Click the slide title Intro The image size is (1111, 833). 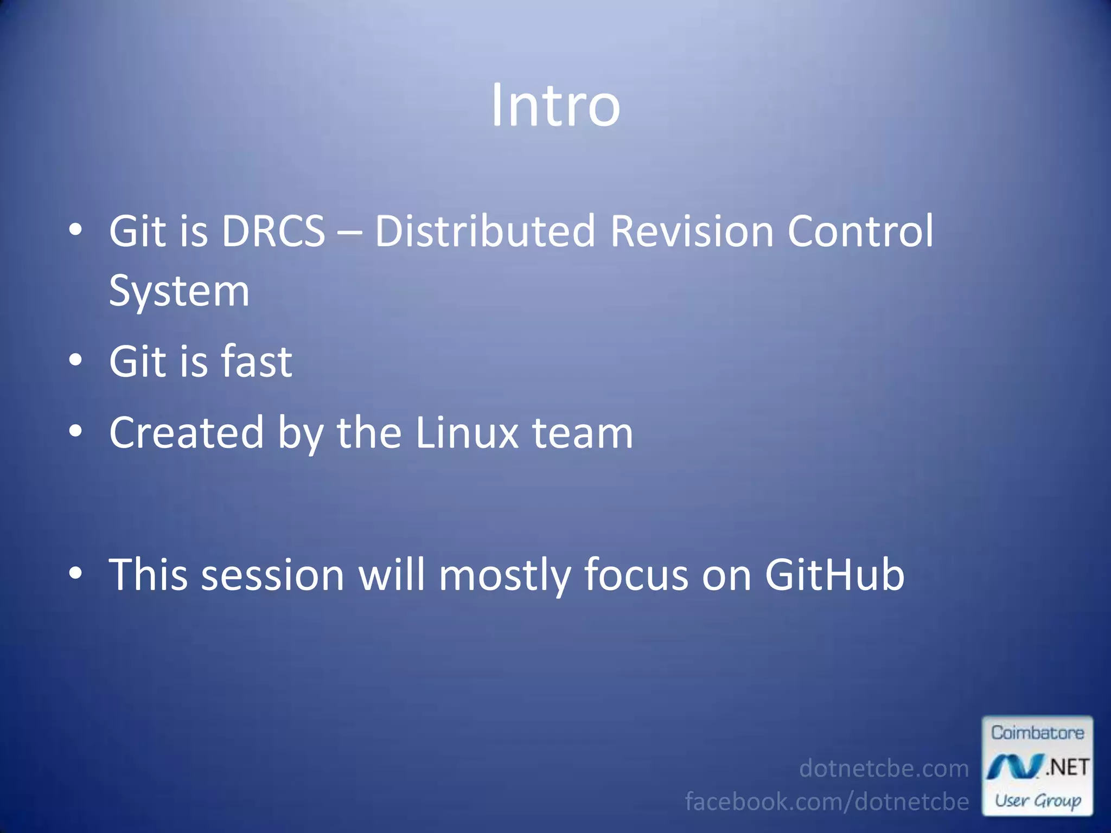(555, 106)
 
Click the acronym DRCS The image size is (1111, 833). (273, 232)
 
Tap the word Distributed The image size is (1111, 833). (486, 232)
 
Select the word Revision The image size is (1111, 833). (692, 232)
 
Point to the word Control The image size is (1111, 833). (860, 232)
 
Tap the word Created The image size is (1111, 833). (187, 433)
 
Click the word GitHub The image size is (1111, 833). (834, 575)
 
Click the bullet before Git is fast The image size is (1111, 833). (76, 361)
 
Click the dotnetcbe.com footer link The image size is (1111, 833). (884, 768)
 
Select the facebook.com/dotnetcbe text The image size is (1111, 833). (827, 802)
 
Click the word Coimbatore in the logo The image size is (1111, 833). (1037, 733)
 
